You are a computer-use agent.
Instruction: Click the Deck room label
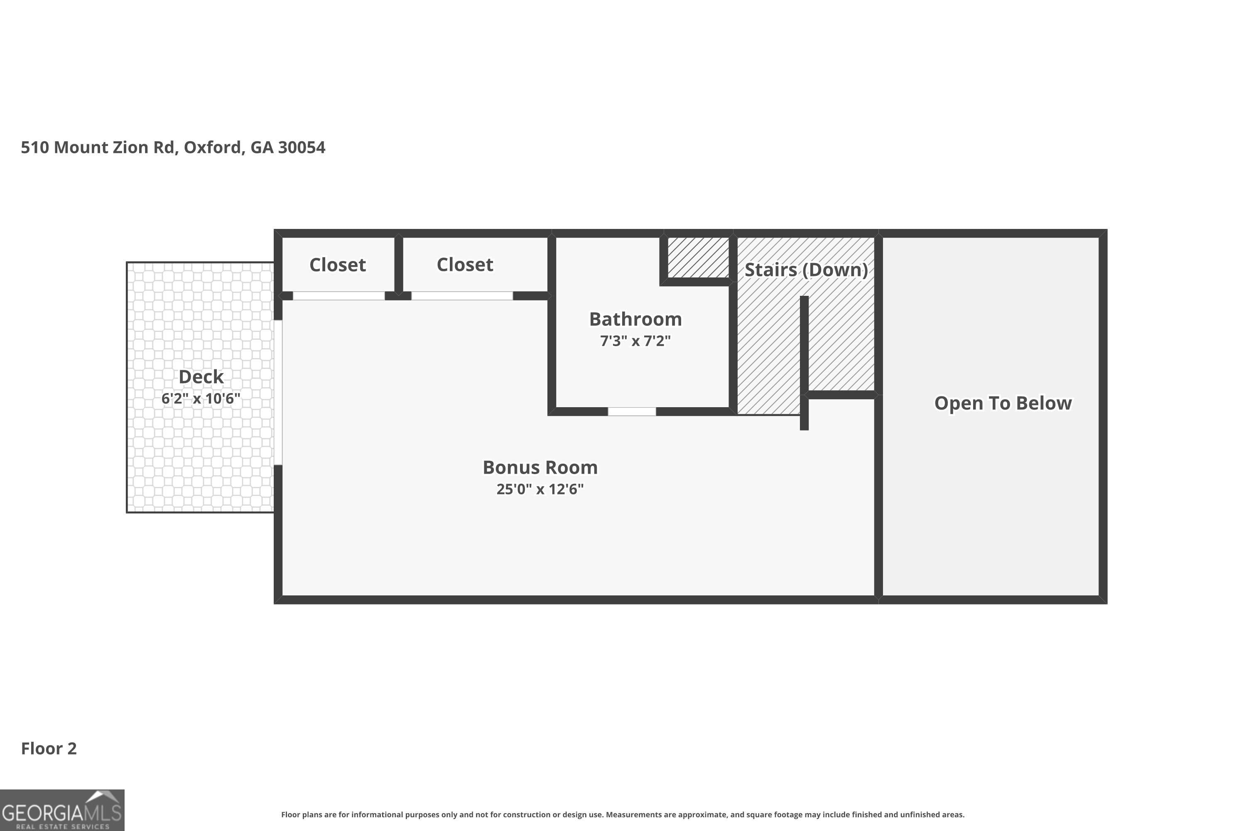[x=201, y=377]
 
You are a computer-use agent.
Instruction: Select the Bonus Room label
[x=540, y=467]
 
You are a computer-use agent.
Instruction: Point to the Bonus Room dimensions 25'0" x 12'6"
[x=540, y=489]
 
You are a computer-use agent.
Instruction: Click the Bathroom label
[x=636, y=319]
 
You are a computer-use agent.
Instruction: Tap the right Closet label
[x=465, y=264]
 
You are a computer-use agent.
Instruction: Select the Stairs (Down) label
[x=806, y=270]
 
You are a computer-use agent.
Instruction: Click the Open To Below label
[x=1003, y=403]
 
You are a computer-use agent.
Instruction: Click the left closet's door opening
[x=339, y=296]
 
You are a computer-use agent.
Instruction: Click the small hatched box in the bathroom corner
[x=698, y=258]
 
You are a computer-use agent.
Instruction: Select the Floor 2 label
[x=49, y=748]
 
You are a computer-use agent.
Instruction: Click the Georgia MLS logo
[x=62, y=810]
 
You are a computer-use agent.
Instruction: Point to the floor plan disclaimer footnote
[x=623, y=814]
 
